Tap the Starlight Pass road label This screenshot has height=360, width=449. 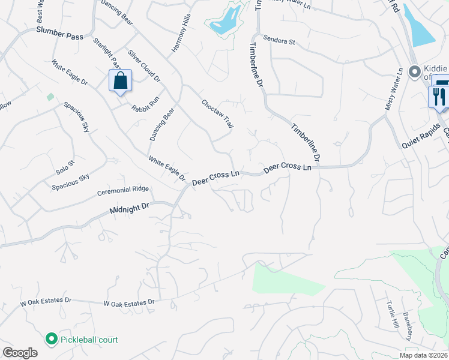point(108,53)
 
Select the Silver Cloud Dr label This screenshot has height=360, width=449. point(145,66)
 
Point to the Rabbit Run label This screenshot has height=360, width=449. point(146,102)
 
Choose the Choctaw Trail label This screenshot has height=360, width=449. point(217,113)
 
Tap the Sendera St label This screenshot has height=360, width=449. point(279,42)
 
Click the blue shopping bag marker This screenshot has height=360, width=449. point(120,80)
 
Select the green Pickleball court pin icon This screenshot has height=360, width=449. point(51,339)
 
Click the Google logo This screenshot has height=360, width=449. point(20,353)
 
